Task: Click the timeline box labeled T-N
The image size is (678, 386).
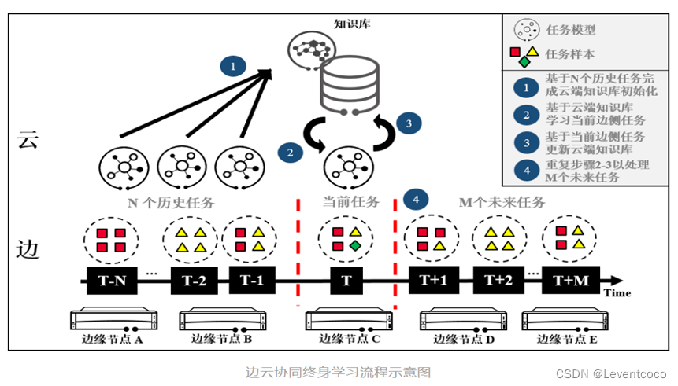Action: tap(110, 280)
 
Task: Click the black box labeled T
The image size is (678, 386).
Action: tap(346, 280)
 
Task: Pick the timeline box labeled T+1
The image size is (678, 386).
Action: tap(432, 280)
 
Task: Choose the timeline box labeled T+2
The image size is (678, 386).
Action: tap(498, 280)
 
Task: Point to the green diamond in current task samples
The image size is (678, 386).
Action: tap(356, 247)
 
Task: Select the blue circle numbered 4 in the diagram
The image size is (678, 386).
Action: tap(416, 200)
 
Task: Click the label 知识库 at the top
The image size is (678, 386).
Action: tap(352, 24)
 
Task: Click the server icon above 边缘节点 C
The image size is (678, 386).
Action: tap(347, 320)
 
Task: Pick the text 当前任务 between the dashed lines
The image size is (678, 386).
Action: tap(347, 201)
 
